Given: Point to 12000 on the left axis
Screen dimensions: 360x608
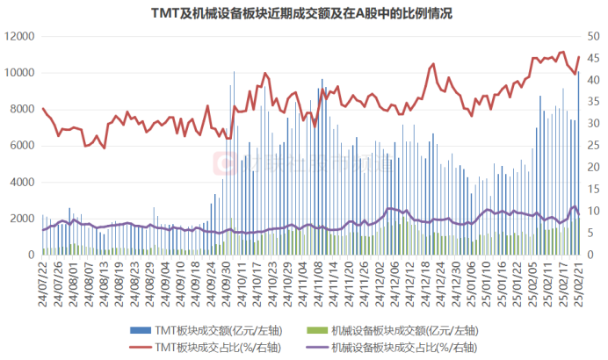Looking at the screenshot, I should point(18,36).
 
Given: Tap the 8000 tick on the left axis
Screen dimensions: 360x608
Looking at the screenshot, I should point(21,109).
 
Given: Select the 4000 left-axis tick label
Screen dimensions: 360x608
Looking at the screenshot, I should point(21,182).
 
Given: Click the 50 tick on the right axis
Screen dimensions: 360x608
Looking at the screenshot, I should point(593,36).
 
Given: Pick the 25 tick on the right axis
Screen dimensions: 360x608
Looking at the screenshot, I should point(593,145).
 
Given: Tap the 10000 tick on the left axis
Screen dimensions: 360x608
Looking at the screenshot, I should point(18,73).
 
